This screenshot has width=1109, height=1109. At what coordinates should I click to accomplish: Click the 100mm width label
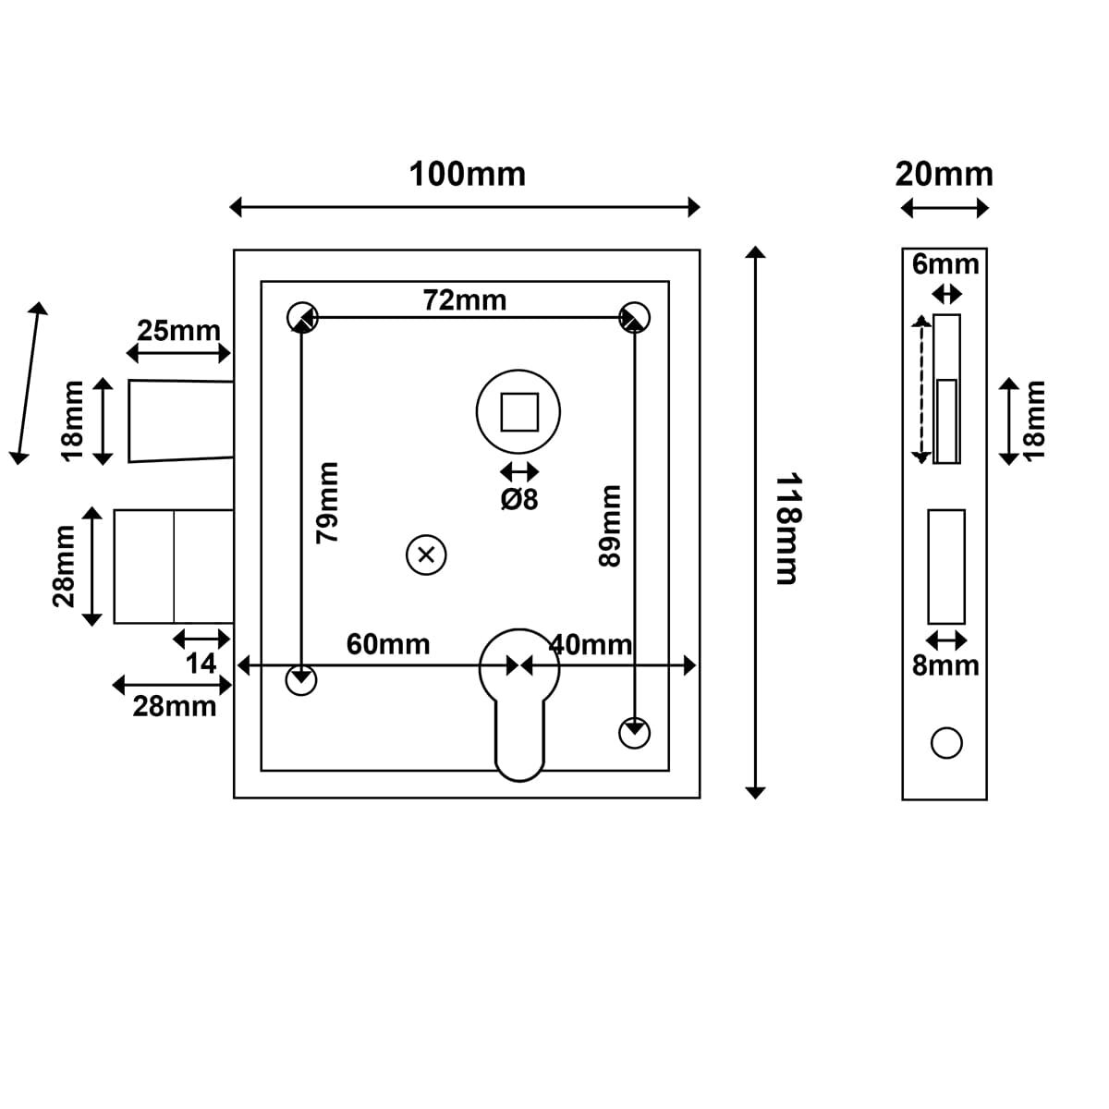(x=467, y=174)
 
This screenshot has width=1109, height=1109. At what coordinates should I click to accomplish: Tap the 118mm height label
(x=786, y=530)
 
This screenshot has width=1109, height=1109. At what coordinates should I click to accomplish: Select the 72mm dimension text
(x=464, y=300)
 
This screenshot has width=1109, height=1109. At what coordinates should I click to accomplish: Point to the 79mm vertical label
(x=328, y=502)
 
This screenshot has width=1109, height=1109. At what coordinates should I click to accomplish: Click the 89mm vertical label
(x=610, y=525)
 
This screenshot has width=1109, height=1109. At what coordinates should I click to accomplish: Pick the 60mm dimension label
(x=388, y=644)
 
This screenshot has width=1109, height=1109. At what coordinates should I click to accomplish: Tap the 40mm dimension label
(x=591, y=644)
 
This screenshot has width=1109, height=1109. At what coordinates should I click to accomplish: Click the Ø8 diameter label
(x=519, y=500)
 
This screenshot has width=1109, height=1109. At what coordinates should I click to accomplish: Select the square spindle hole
(x=519, y=412)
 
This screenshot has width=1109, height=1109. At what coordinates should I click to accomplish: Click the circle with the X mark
(x=426, y=555)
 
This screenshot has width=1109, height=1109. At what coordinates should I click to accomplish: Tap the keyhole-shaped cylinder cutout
(x=519, y=702)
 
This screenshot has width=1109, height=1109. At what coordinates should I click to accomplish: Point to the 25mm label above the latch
(x=178, y=330)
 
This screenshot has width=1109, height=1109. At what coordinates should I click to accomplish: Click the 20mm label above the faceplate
(x=944, y=174)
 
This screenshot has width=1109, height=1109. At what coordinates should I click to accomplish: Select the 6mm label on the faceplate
(x=945, y=264)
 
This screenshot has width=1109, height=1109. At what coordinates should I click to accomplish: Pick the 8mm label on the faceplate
(x=945, y=665)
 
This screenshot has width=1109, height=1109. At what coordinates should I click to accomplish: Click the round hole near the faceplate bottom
(x=946, y=743)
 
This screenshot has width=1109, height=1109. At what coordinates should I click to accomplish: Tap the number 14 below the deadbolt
(x=201, y=663)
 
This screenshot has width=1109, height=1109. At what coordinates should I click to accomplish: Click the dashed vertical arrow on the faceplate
(x=920, y=388)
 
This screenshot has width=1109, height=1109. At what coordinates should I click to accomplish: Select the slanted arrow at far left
(x=29, y=382)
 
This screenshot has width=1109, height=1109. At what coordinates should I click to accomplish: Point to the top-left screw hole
(x=301, y=317)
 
